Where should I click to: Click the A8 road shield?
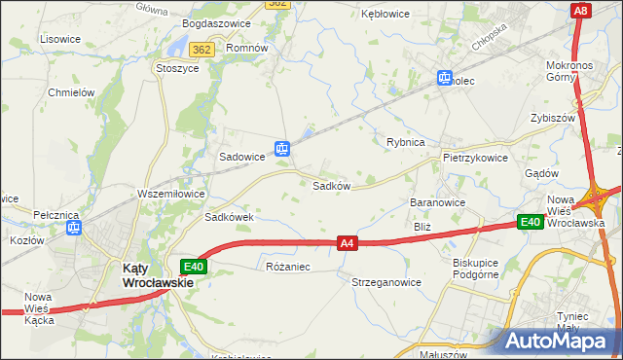[x=581, y=11]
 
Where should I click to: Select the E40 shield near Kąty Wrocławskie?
[x=193, y=266]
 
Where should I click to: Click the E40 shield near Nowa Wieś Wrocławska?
[x=531, y=223]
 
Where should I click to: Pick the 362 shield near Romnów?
[x=202, y=49]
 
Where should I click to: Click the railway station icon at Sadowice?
[x=281, y=149]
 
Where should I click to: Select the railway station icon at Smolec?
[x=445, y=78]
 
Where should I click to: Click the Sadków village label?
[x=331, y=186]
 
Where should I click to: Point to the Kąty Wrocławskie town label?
[x=155, y=275]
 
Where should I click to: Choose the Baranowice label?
[x=438, y=202]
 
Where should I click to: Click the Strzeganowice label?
[x=386, y=282]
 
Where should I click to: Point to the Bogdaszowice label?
[x=216, y=23]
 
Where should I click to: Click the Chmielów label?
[x=70, y=92]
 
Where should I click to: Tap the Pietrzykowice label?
[x=475, y=157]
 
